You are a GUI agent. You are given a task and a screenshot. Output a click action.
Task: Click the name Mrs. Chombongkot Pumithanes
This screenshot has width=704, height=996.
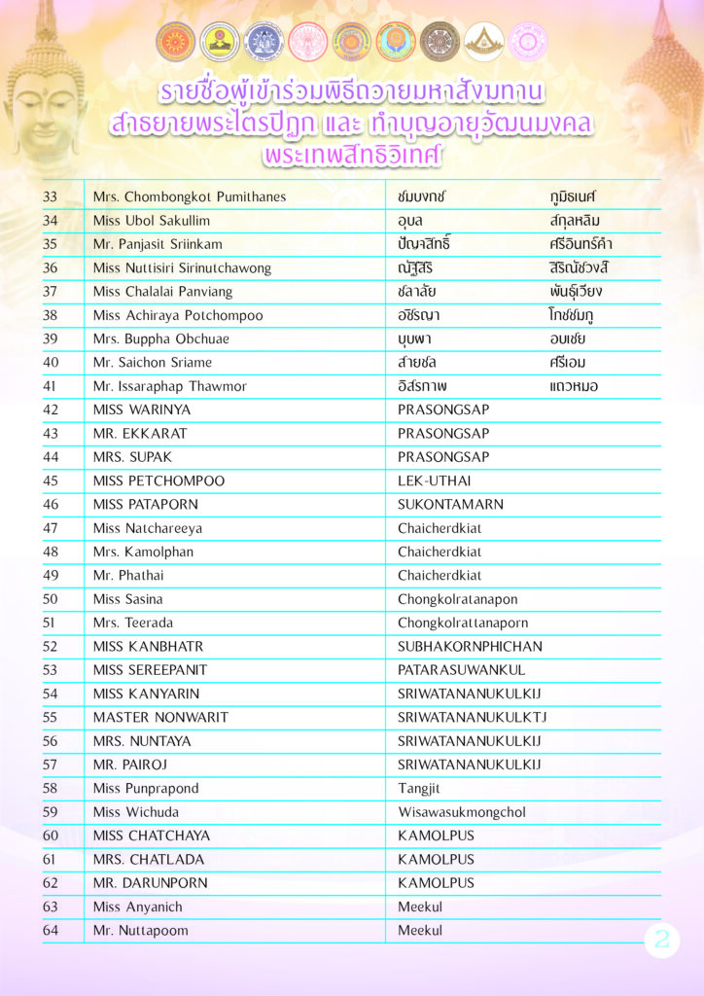click(x=190, y=196)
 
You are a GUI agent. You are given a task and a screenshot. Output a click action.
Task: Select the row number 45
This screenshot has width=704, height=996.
click(x=51, y=480)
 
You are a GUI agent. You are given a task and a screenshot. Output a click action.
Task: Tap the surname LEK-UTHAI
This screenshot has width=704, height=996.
click(x=435, y=480)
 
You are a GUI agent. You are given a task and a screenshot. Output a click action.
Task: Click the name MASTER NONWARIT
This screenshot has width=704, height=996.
click(x=160, y=717)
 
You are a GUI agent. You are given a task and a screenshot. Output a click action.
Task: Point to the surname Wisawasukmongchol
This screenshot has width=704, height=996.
click(x=462, y=812)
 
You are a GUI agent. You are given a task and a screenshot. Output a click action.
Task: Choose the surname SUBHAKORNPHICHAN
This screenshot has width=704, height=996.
click(x=470, y=646)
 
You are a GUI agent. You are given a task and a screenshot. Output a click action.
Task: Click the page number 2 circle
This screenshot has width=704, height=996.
click(x=662, y=940)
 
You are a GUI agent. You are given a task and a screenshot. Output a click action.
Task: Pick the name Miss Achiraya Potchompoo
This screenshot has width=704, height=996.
click(x=178, y=315)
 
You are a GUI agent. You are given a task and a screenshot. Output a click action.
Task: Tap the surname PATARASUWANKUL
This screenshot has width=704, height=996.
click(x=461, y=670)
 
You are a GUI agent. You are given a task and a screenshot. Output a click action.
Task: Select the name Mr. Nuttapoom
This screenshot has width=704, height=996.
click(x=141, y=931)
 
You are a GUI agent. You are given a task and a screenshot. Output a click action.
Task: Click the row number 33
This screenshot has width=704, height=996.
click(x=51, y=196)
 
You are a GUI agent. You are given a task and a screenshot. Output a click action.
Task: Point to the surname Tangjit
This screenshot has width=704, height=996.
click(x=420, y=788)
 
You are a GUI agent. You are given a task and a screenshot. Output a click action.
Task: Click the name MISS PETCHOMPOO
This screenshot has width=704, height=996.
click(x=158, y=480)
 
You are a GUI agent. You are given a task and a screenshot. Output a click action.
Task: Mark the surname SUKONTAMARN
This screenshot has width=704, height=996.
click(x=450, y=504)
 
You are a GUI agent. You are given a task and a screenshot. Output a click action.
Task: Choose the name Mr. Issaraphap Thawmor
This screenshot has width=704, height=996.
click(x=170, y=386)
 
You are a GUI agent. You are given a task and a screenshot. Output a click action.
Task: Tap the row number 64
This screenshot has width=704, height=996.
click(x=51, y=931)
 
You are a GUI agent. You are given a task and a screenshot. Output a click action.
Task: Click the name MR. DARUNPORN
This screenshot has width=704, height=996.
click(x=148, y=883)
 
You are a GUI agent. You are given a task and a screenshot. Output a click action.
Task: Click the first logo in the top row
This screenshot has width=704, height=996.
click(x=175, y=42)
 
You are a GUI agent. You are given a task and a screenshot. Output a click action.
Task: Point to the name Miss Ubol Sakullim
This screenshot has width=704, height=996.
click(x=152, y=221)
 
